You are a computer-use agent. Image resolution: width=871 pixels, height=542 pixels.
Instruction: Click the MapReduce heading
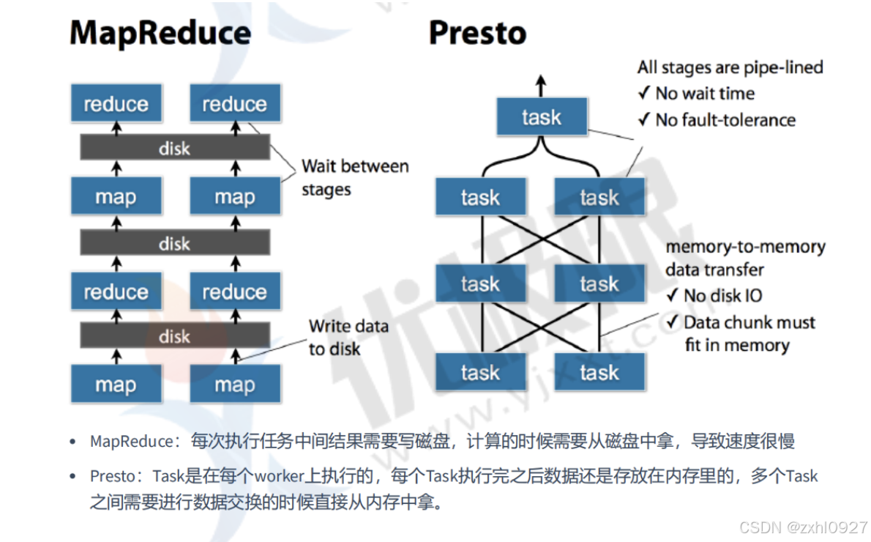160,34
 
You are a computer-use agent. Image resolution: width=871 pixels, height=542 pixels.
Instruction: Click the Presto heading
477,34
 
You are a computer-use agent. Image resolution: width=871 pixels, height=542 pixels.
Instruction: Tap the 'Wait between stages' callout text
355,178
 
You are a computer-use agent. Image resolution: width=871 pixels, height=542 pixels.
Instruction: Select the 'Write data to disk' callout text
348,338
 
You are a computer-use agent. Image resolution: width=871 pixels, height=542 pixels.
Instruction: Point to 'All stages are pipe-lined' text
730,68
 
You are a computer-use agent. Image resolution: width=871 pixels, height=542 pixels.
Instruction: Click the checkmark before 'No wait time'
644,94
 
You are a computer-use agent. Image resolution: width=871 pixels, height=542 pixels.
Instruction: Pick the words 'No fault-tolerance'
725,120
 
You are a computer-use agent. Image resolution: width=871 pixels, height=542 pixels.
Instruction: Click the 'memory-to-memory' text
745,248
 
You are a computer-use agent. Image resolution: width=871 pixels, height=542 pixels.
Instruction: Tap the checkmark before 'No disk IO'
672,296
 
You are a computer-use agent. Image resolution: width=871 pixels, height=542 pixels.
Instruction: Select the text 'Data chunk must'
749,323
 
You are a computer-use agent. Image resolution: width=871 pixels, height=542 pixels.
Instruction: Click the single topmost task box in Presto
541,117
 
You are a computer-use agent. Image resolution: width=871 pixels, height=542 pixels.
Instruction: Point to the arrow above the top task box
541,86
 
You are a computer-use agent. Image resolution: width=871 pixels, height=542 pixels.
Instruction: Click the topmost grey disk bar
174,149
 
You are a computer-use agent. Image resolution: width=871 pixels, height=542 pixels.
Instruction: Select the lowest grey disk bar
174,337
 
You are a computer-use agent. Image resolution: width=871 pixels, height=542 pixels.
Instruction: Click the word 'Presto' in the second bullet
112,476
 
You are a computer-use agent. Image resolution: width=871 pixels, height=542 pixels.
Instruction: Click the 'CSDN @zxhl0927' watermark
803,527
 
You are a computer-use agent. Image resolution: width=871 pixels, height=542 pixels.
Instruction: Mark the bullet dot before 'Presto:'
72,476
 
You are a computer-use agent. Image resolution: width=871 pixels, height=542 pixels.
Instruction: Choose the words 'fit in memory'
736,346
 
